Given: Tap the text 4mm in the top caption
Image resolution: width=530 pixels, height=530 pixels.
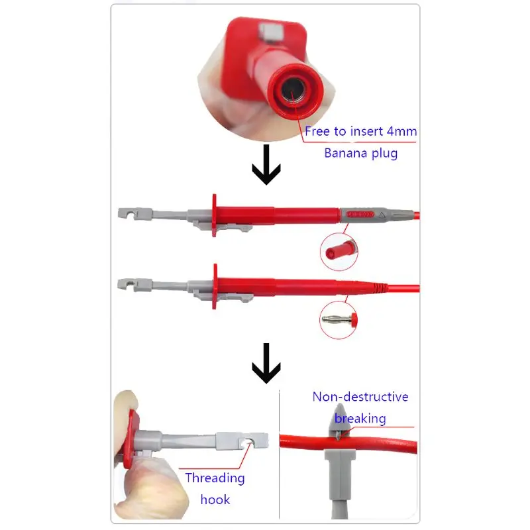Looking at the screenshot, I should tap(402, 131).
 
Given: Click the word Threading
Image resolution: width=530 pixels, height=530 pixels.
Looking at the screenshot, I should tap(215, 478).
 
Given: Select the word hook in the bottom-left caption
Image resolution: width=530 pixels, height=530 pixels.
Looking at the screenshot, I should tap(215, 499).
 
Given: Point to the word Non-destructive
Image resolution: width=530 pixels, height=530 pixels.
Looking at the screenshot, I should tap(360, 397).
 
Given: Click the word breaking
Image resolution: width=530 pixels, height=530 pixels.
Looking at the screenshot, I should tap(360, 418).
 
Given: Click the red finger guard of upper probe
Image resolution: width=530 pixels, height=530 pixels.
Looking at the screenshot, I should tap(214, 215).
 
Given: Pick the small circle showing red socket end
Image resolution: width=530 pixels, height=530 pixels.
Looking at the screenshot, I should tap(339, 249).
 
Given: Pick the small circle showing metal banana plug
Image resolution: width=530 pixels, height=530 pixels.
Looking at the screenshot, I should tap(339, 318).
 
